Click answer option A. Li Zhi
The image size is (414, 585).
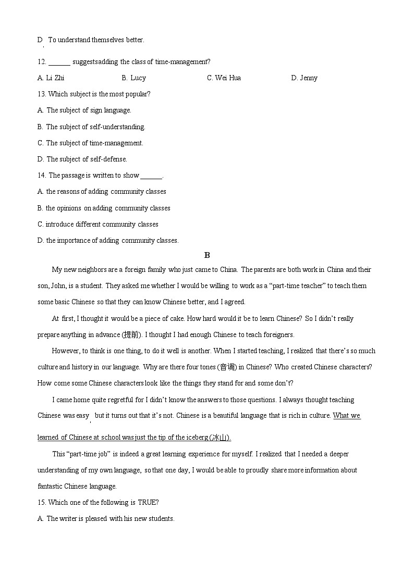coord(51,78)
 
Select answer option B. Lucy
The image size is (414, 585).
coord(133,78)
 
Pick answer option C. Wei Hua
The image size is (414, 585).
coord(224,78)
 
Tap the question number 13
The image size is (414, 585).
coord(41,94)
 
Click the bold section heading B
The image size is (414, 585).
coord(207,255)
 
